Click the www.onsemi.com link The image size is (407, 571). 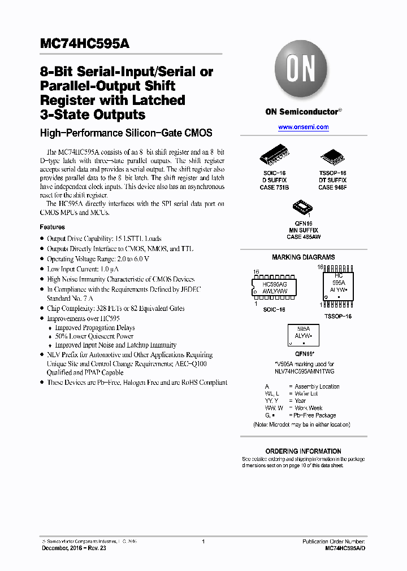pos(304,128)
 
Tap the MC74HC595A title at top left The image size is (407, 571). pos(85,45)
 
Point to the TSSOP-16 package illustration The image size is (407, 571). pos(332,157)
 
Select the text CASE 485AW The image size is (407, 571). pos(303,237)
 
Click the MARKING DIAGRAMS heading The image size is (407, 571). pos(303,257)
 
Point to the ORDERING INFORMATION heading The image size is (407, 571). pos(303,451)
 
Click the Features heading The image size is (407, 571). pos(52,227)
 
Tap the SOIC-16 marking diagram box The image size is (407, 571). pos(275,287)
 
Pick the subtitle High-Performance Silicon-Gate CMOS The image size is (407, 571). pos(125,133)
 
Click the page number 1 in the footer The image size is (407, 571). pos(203,542)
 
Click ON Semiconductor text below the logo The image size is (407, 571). pos(301,112)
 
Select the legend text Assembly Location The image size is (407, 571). pos(317,386)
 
